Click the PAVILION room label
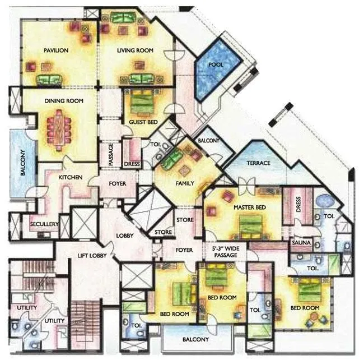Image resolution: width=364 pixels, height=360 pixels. (56, 50)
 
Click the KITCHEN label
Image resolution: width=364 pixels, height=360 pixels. (71, 178)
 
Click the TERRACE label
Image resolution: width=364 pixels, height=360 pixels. (258, 163)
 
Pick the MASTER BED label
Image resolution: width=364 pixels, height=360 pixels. (250, 207)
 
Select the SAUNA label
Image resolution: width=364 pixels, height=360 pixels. (298, 242)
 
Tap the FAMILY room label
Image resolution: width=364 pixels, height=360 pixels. (185, 183)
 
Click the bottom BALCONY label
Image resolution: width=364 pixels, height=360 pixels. (196, 339)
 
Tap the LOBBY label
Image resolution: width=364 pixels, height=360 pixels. (124, 236)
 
